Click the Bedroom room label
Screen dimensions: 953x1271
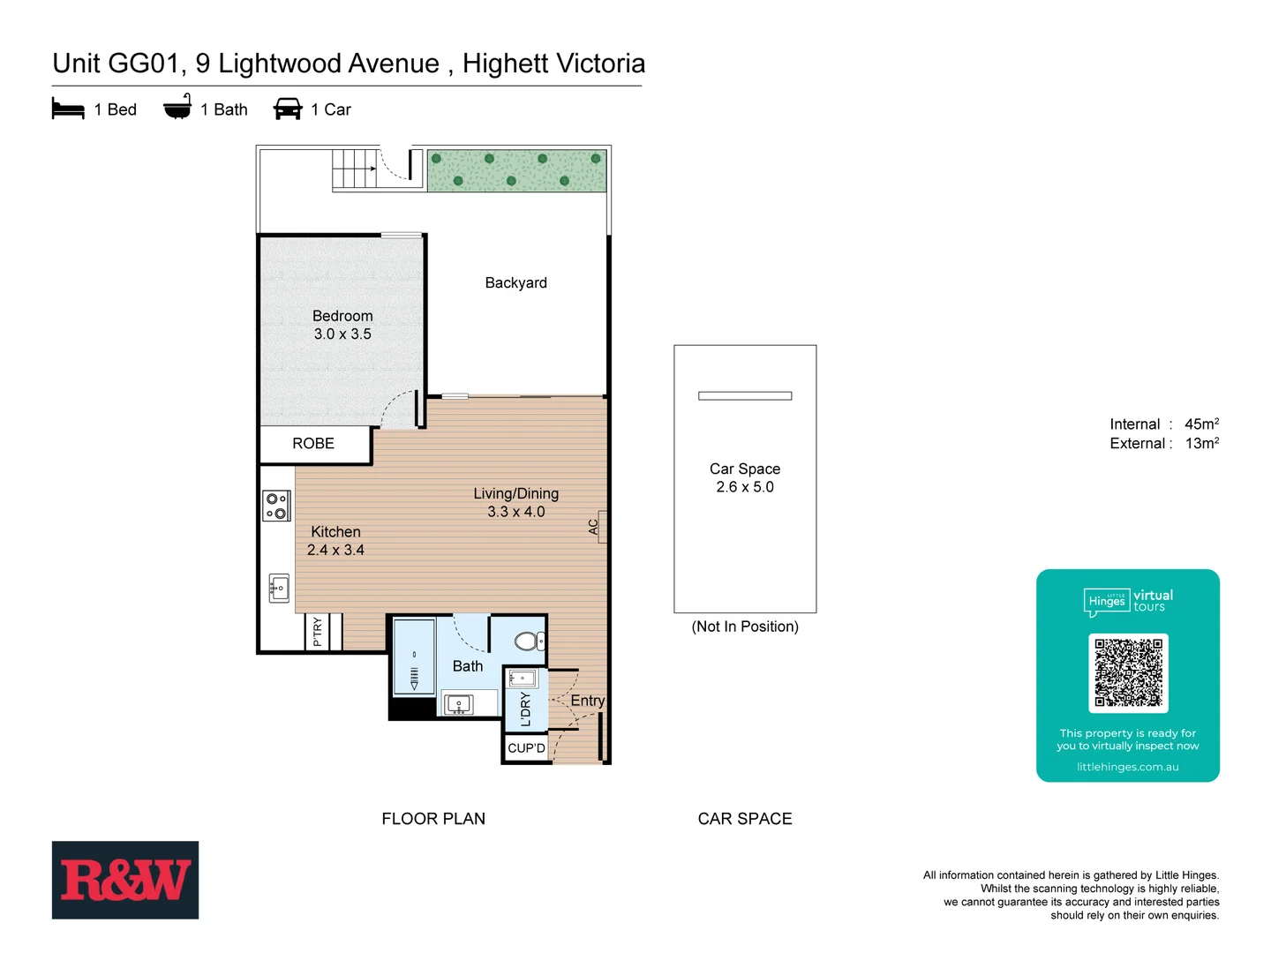342,316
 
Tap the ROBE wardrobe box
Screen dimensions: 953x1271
313,444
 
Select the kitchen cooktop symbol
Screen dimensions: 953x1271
276,506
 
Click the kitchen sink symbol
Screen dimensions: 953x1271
279,588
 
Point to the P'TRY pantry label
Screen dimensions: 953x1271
318,632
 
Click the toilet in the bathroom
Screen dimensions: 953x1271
530,641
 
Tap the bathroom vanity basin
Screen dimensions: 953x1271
459,704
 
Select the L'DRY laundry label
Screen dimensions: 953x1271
526,709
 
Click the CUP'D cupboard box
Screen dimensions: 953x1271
526,748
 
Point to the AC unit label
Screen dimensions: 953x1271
594,527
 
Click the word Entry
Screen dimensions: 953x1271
587,701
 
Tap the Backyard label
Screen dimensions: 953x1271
515,282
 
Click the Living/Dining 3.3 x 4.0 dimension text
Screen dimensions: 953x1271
515,512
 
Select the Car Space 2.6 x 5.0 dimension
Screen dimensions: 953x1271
744,487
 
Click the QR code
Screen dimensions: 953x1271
1128,672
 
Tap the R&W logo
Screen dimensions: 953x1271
125,880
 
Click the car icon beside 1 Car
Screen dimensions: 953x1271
288,109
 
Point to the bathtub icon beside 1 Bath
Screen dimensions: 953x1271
177,108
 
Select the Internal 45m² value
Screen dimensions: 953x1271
1201,424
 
